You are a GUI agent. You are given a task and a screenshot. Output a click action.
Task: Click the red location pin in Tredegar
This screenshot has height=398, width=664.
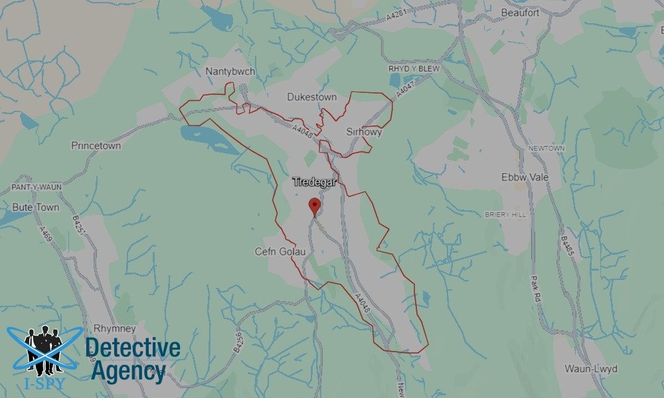(315, 206)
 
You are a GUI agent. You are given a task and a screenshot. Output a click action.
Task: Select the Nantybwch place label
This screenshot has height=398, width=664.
(230, 72)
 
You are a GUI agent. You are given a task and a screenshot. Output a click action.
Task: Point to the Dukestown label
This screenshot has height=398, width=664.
(311, 97)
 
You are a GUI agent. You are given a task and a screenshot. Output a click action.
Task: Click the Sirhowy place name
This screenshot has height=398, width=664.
(364, 132)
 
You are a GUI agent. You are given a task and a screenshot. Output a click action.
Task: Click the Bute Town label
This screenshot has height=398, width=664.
(35, 207)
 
